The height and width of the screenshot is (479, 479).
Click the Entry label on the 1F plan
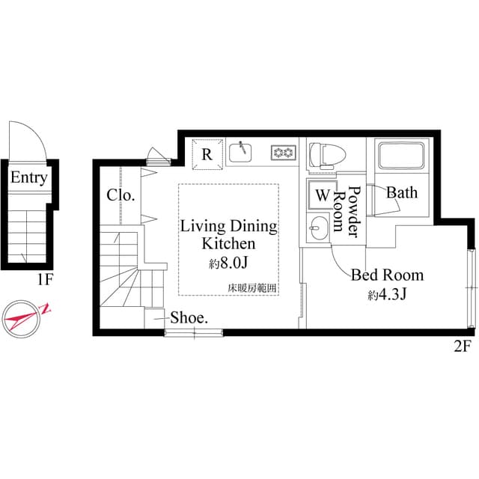tap(29, 178)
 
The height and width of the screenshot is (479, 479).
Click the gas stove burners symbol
tap(283, 153)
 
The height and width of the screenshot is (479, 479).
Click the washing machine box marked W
tap(322, 195)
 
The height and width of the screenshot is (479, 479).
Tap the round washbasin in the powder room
tap(318, 225)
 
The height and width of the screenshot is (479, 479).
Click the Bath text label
tap(402, 193)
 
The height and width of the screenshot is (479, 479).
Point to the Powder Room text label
tap(348, 212)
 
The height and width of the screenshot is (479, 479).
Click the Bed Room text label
tap(387, 275)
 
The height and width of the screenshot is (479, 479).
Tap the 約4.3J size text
tap(386, 295)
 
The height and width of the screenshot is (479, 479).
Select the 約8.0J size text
tap(228, 263)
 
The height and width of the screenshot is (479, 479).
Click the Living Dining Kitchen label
tap(228, 235)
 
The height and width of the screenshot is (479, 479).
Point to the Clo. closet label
tap(120, 195)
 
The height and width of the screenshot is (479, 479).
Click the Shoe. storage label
tap(189, 317)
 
